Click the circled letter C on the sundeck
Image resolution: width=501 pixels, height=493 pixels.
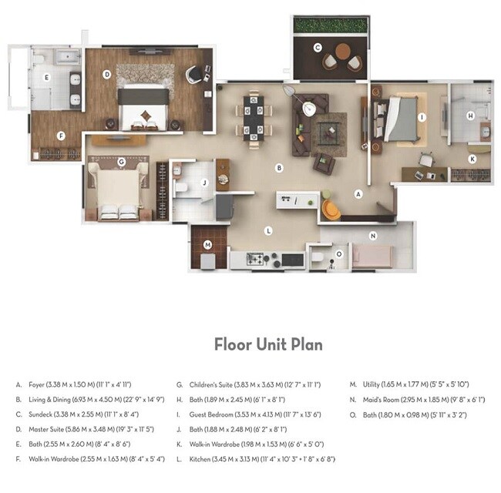pyautogui.click(x=318, y=48)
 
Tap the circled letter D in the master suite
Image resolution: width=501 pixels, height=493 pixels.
pyautogui.click(x=107, y=75)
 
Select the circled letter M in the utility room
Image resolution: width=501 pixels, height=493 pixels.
pyautogui.click(x=207, y=245)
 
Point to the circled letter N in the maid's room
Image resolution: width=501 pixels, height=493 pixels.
pyautogui.click(x=372, y=236)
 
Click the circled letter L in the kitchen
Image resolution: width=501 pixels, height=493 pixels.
pyautogui.click(x=267, y=230)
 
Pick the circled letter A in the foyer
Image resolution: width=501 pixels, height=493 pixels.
pyautogui.click(x=358, y=195)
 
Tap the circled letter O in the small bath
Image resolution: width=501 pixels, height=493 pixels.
pyautogui.click(x=338, y=253)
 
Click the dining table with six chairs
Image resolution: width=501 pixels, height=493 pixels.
pyautogui.click(x=254, y=117)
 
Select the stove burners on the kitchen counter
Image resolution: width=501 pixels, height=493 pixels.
pyautogui.click(x=257, y=260)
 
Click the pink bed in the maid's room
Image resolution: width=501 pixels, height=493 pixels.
pyautogui.click(x=372, y=254)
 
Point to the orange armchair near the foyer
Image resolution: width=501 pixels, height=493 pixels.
pyautogui.click(x=331, y=209)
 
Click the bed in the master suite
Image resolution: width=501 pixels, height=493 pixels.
pyautogui.click(x=144, y=107)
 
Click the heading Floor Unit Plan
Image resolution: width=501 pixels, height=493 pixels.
pyautogui.click(x=268, y=344)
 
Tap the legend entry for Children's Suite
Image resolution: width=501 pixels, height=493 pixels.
pyautogui.click(x=248, y=384)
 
